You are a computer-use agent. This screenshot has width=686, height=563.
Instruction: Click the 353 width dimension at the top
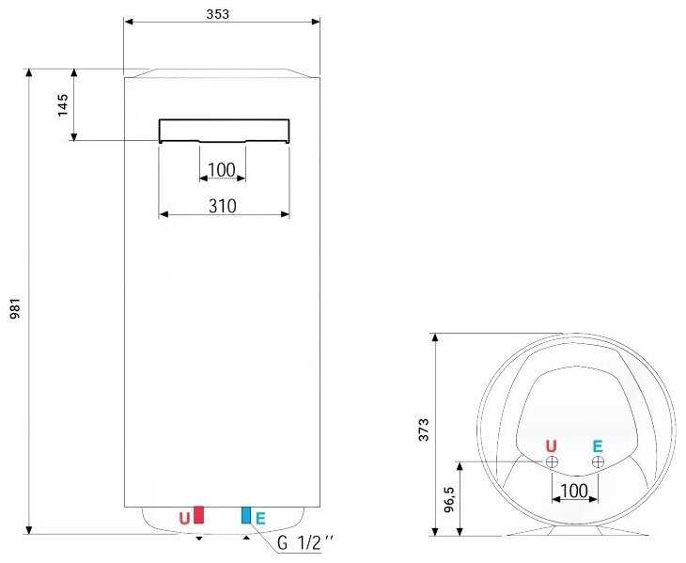(217, 14)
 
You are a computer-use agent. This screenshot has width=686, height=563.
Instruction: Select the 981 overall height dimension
(15, 308)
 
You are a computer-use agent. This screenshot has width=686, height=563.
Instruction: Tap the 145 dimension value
(63, 105)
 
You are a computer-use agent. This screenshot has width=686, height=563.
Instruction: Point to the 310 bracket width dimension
(223, 206)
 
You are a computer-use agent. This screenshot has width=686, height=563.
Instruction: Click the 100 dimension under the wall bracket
(222, 170)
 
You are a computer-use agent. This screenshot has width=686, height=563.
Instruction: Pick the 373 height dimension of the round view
(424, 430)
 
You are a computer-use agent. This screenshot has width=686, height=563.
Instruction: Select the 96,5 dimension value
(449, 500)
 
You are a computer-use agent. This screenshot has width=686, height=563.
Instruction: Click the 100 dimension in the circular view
(574, 491)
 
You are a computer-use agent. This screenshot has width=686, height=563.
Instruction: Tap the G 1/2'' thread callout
(304, 543)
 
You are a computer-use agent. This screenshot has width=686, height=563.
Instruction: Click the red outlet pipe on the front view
(198, 515)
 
